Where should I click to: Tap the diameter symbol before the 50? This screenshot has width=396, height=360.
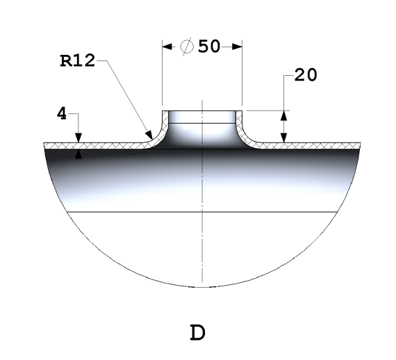(x=187, y=47)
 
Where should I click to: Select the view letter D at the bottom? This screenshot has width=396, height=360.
(x=198, y=333)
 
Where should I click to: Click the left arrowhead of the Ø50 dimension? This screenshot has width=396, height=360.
(x=167, y=47)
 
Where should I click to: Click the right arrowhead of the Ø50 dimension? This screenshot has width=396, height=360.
(x=236, y=47)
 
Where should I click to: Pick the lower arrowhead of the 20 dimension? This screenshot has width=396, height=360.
(x=283, y=138)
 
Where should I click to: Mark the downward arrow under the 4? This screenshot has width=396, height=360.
(x=79, y=137)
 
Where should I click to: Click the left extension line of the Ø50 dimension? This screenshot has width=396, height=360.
(x=162, y=76)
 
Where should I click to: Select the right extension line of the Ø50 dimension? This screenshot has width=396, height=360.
(x=242, y=76)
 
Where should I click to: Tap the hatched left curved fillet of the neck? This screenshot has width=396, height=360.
(x=157, y=136)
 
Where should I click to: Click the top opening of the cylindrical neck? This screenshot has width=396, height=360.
(x=201, y=111)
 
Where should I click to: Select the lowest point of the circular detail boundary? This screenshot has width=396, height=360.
(x=201, y=287)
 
